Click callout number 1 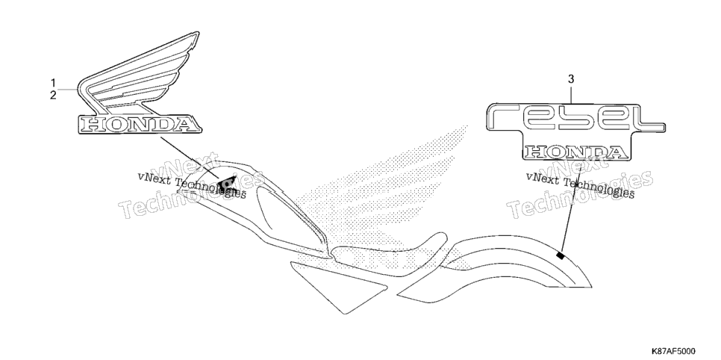(x=53, y=84)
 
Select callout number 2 (x=53, y=96)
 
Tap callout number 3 (x=571, y=79)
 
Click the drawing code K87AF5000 (x=672, y=351)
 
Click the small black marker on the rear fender (x=560, y=255)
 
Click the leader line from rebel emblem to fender (x=571, y=209)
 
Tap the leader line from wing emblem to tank (x=190, y=158)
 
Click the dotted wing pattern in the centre (x=381, y=193)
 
